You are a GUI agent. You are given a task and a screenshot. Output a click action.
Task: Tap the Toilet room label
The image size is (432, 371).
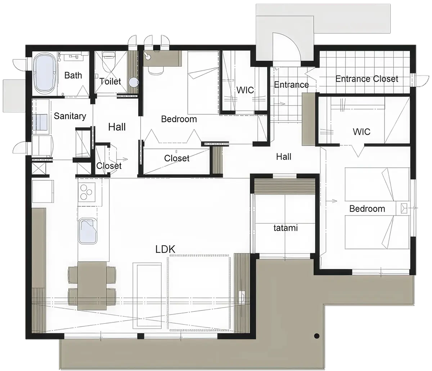coord(110,81)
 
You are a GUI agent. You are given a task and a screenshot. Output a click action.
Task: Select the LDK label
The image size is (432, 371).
coord(165,249)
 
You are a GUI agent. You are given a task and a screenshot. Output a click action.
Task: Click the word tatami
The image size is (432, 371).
coord(285,228)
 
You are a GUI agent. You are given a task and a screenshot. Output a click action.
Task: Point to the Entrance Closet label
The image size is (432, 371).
coord(367,79)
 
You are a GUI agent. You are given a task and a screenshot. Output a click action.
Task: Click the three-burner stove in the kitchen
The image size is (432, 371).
coord(86,192)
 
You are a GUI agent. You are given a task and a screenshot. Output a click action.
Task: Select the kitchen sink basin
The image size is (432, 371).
coord(88,231)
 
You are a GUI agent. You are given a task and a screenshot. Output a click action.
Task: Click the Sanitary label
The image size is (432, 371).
coord(70,116)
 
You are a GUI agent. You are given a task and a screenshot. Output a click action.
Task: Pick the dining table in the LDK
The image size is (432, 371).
coord(92,286)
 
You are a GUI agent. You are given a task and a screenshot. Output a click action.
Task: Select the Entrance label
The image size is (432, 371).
coord(291,85)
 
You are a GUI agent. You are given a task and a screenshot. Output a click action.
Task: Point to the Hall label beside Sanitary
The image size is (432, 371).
coord(117,127)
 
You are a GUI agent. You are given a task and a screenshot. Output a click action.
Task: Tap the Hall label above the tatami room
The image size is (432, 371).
coord(284,157)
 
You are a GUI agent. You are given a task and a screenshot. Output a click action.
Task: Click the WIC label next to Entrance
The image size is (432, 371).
coord(245,90)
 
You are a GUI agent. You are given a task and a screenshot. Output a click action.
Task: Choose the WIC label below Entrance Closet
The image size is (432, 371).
coord(361,132)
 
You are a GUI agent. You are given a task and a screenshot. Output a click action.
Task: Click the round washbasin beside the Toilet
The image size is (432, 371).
coord(134,82)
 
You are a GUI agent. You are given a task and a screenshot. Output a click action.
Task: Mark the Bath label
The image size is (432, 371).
coord(73,75)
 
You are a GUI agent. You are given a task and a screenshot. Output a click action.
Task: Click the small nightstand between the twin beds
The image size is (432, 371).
coord(403,208)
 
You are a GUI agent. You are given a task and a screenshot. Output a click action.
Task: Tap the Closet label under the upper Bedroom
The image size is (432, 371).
coord(177,158)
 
